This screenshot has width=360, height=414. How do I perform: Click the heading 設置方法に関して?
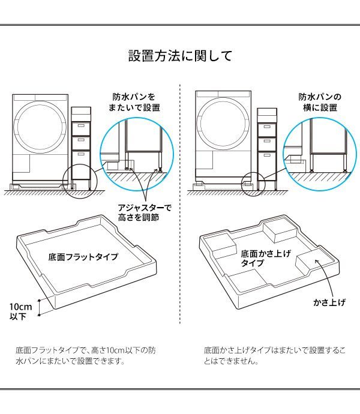click(180, 56)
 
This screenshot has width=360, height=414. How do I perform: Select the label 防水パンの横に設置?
click(320, 102)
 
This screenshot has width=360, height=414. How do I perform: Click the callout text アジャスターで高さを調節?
click(144, 212)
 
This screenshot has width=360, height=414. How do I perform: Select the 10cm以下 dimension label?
click(19, 311)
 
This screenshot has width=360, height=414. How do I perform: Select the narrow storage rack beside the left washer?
click(81, 147)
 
